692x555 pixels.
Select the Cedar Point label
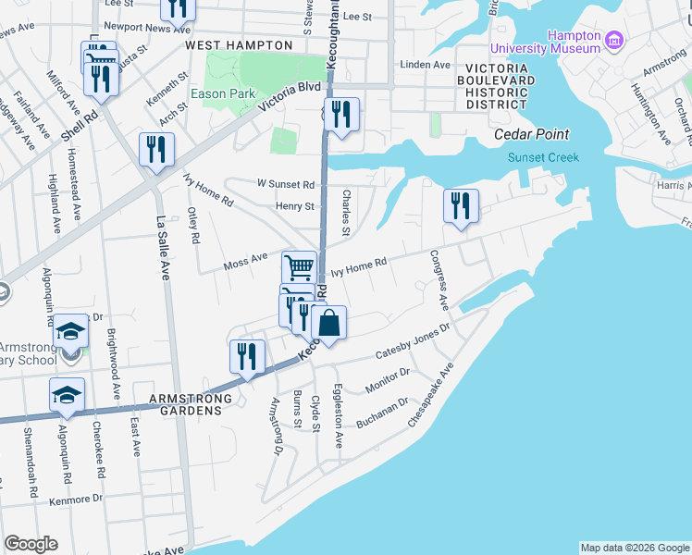[x=531, y=134]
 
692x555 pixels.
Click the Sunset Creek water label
[x=543, y=157]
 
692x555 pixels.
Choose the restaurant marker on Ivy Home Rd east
[x=460, y=207]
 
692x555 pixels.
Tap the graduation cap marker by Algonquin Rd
[x=67, y=395]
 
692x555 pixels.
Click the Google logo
[x=31, y=544]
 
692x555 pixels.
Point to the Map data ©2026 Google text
[x=634, y=548]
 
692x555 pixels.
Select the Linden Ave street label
[x=425, y=65]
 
